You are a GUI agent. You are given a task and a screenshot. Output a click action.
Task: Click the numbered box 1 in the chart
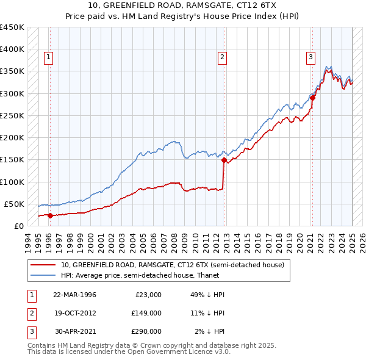pyautogui.click(x=48, y=58)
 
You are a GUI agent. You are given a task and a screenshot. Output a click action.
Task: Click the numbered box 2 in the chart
pyautogui.click(x=222, y=58)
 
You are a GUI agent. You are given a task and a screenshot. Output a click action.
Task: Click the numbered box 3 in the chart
pyautogui.click(x=310, y=58)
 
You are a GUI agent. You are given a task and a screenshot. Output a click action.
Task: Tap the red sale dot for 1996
pyautogui.click(x=50, y=215)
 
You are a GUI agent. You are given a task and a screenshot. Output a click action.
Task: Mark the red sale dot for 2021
pyautogui.click(x=312, y=98)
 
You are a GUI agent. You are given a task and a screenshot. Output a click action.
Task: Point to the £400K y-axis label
pyautogui.click(x=12, y=49)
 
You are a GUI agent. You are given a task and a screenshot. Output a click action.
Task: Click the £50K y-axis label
pyautogui.click(x=14, y=204)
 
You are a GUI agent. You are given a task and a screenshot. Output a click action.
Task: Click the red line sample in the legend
pyautogui.click(x=43, y=265)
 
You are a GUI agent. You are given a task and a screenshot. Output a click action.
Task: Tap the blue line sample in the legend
pyautogui.click(x=43, y=275)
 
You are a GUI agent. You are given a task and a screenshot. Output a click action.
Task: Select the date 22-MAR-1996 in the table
pyautogui.click(x=74, y=295)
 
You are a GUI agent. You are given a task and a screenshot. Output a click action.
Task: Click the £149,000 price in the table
pyautogui.click(x=146, y=313)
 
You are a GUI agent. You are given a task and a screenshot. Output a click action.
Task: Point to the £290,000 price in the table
pyautogui.click(x=146, y=331)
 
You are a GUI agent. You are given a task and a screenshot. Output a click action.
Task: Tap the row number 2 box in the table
pyautogui.click(x=30, y=313)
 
